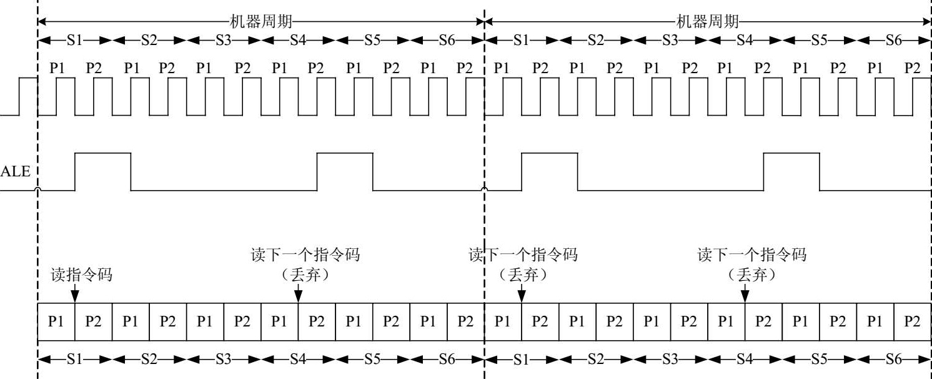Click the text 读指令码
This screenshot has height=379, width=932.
coord(81,275)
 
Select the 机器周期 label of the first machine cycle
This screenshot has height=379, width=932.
coord(260,22)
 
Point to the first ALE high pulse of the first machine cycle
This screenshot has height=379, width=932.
coord(103,171)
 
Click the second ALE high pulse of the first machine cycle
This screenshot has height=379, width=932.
coord(345,171)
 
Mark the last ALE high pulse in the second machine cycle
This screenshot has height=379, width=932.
coord(791,171)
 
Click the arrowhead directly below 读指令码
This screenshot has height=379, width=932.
coord(74,294)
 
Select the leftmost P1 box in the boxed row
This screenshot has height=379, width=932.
coord(56,321)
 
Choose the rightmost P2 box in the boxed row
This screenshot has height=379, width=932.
coord(913,321)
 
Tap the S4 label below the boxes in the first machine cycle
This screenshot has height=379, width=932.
coord(298,360)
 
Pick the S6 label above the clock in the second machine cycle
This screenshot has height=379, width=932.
coord(894,41)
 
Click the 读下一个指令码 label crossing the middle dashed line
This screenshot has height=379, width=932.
coord(523,255)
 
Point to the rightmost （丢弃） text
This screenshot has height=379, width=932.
coord(751,275)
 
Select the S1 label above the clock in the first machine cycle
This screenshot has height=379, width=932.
coord(75,41)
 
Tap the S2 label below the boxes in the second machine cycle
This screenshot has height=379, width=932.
coord(596,360)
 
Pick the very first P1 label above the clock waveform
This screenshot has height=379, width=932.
coord(57,68)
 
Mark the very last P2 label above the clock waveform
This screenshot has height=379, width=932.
coord(913,68)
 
